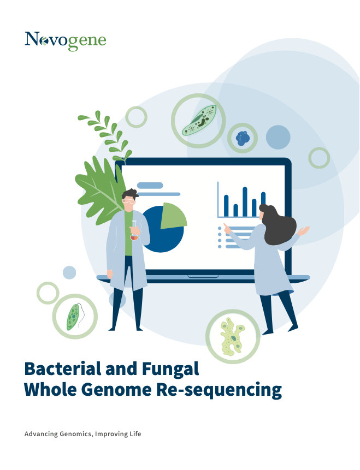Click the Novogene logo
[x=66, y=41]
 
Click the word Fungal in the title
[x=170, y=368]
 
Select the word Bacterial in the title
[x=62, y=368]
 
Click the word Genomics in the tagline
[x=76, y=434]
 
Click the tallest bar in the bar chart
[x=245, y=201]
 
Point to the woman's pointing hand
[x=227, y=229]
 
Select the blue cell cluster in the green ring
[x=243, y=138]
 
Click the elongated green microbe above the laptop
[x=199, y=120]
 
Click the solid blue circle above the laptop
[x=278, y=137]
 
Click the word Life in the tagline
[x=135, y=434]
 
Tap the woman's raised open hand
[x=304, y=231]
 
